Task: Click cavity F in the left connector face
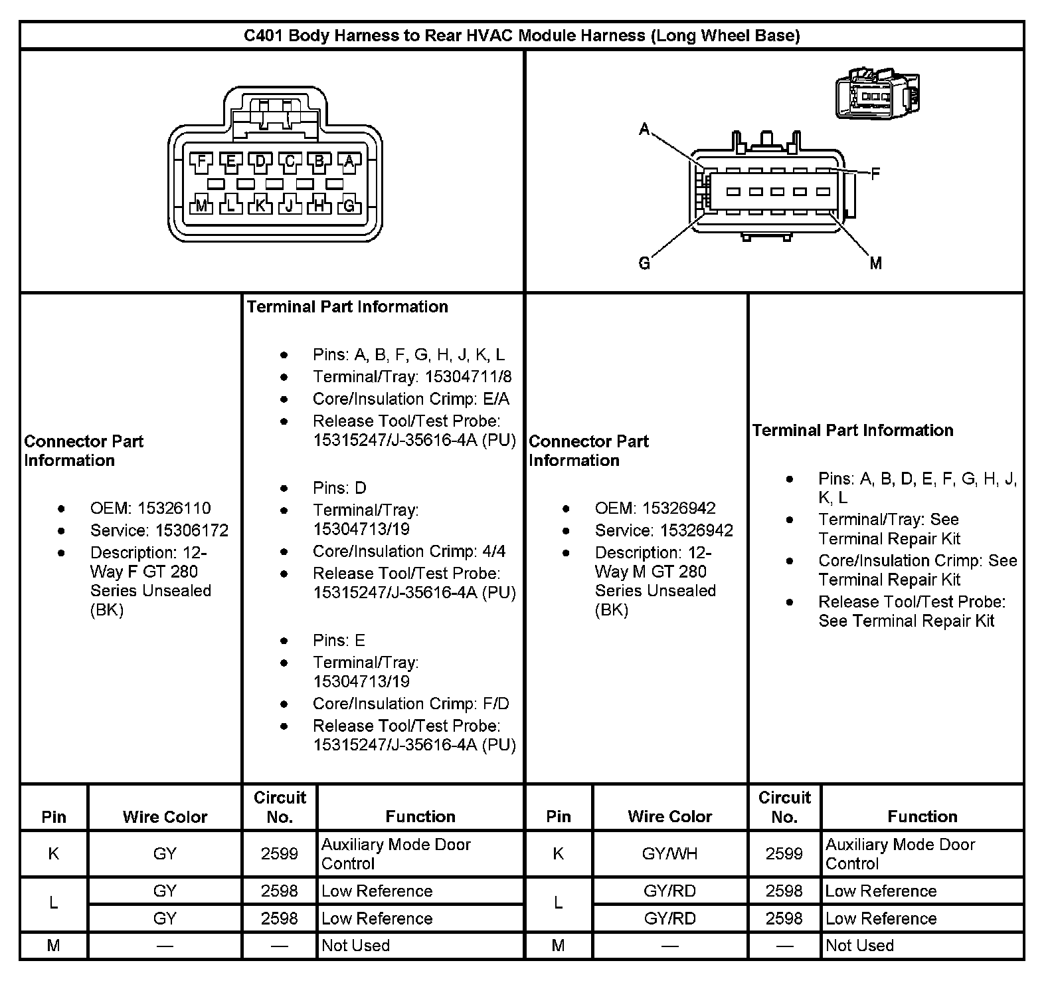click(201, 161)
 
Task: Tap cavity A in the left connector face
click(349, 161)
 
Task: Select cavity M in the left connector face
click(201, 205)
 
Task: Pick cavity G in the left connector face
click(349, 205)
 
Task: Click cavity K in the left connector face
click(260, 205)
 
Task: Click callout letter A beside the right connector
click(644, 129)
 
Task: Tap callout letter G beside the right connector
click(644, 264)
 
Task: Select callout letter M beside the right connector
click(876, 264)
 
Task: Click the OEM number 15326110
click(174, 508)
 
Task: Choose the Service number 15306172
click(192, 530)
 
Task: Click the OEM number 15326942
click(679, 508)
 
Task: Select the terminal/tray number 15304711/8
click(468, 377)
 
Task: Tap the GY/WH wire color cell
click(669, 853)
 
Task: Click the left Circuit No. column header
click(280, 807)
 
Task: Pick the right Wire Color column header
click(669, 816)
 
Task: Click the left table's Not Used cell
click(355, 945)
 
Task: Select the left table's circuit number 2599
click(280, 853)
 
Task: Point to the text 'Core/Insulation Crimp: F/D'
click(411, 703)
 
